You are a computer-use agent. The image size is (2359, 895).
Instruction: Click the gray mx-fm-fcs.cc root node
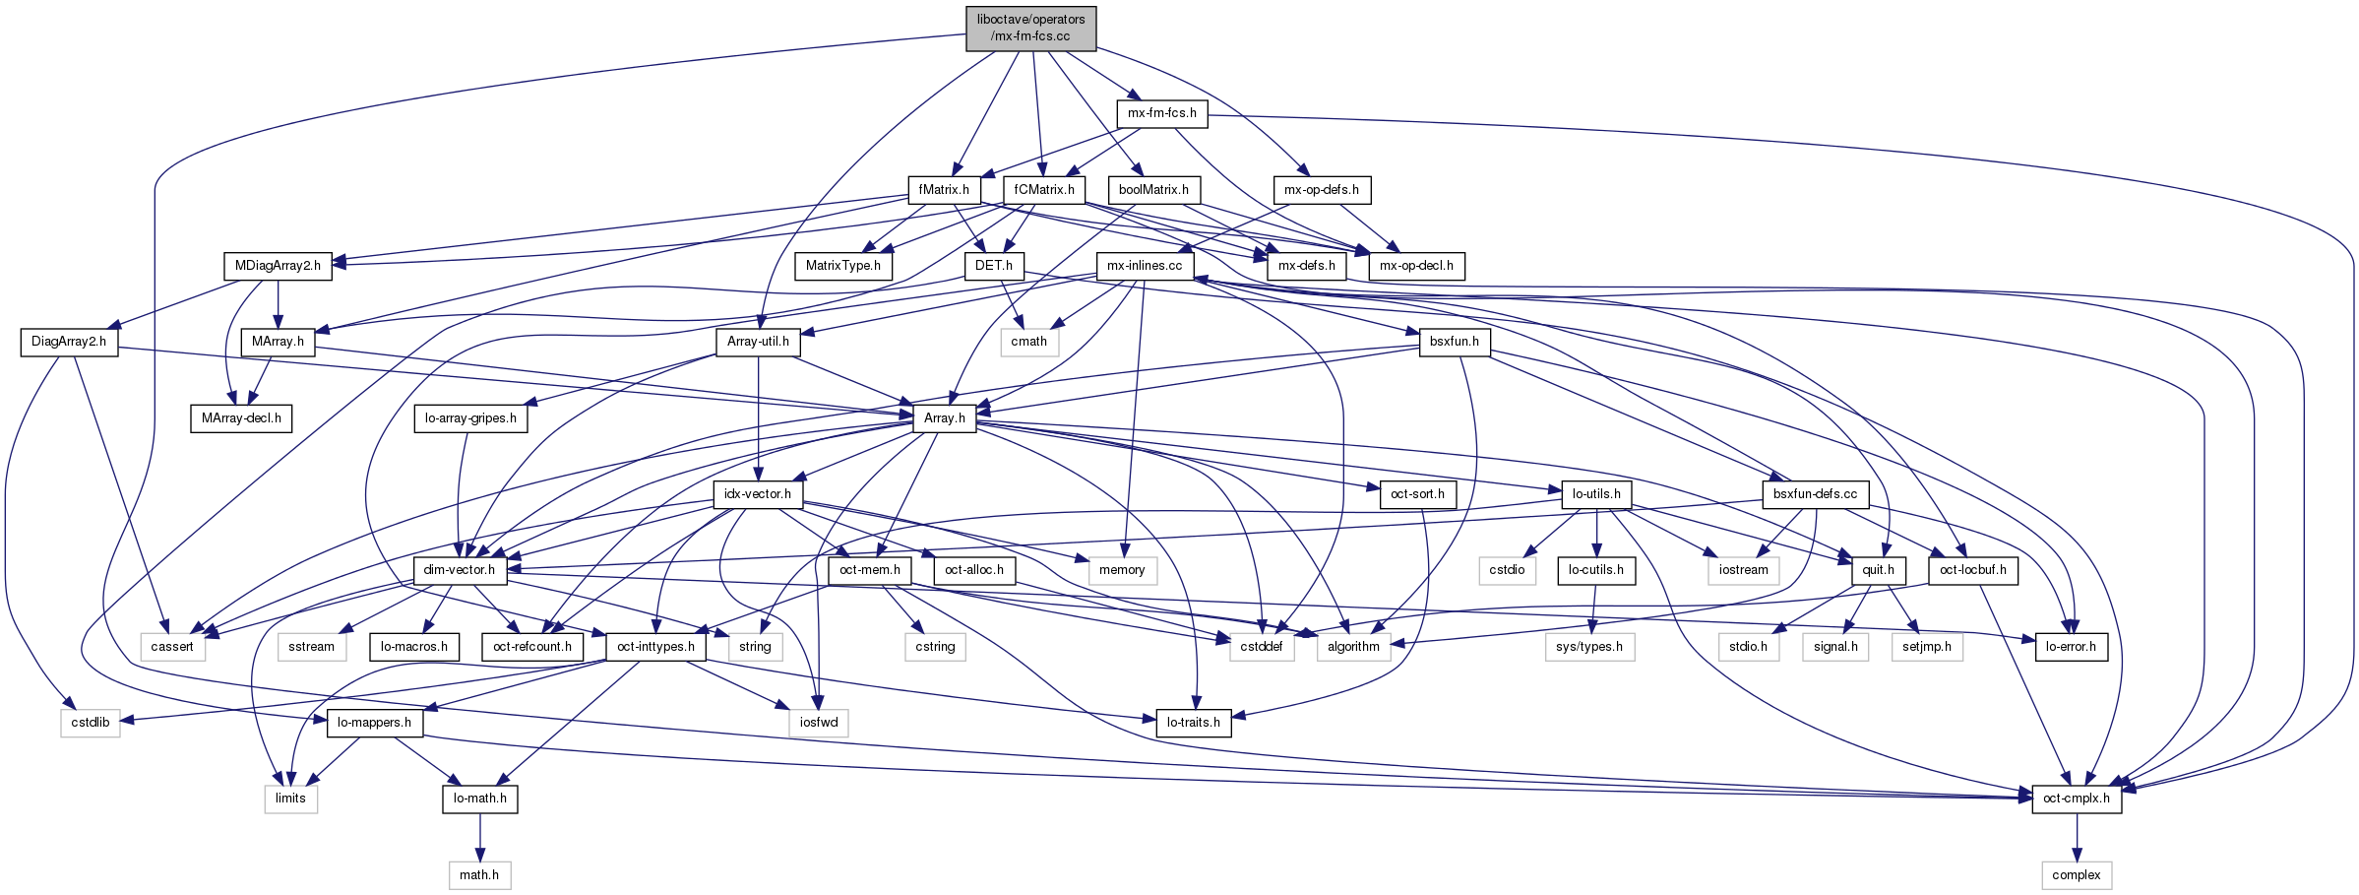pyautogui.click(x=1030, y=28)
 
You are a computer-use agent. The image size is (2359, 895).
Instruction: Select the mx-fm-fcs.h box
pyautogui.click(x=1161, y=113)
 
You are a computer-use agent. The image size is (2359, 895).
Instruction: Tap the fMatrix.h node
pyautogui.click(x=944, y=189)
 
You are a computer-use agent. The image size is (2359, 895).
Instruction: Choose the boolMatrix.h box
pyautogui.click(x=1153, y=189)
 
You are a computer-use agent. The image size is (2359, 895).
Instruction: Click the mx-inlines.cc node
pyautogui.click(x=1145, y=265)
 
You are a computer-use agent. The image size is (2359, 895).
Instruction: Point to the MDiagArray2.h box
pyautogui.click(x=278, y=265)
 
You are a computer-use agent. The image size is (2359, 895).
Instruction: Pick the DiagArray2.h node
pyautogui.click(x=69, y=342)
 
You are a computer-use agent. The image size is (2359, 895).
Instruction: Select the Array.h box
pyautogui.click(x=945, y=417)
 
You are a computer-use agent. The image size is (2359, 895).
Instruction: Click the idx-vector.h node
pyautogui.click(x=758, y=493)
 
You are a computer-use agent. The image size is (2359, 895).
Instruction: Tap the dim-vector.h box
pyautogui.click(x=460, y=570)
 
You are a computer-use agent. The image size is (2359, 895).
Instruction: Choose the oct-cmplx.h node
pyautogui.click(x=2077, y=799)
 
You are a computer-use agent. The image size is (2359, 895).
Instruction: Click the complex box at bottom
pyautogui.click(x=2077, y=874)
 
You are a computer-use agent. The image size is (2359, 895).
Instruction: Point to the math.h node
pyautogui.click(x=479, y=874)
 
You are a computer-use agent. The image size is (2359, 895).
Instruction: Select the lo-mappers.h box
pyautogui.click(x=374, y=722)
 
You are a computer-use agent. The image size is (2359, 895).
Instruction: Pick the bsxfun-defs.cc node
pyautogui.click(x=1815, y=493)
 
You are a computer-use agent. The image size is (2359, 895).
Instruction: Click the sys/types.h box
pyautogui.click(x=1589, y=646)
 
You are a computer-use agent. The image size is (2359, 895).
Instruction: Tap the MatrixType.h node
pyautogui.click(x=843, y=265)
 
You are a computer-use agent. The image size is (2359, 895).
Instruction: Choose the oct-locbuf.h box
pyautogui.click(x=1973, y=570)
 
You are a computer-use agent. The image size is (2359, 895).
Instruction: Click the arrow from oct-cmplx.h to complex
pyautogui.click(x=2077, y=837)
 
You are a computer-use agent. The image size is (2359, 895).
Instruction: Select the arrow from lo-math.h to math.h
pyautogui.click(x=479, y=837)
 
